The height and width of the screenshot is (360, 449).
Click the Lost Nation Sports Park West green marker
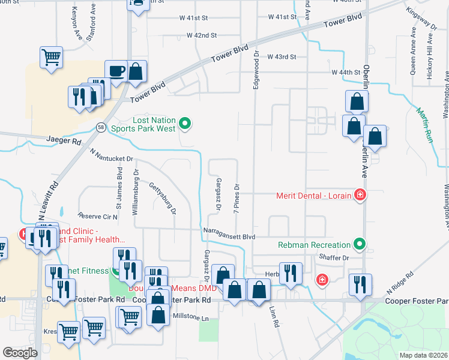point(185,124)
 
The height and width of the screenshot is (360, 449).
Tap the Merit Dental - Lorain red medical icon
point(360,194)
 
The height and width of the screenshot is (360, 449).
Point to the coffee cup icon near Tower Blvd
point(116,71)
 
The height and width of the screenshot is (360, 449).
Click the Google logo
point(20,352)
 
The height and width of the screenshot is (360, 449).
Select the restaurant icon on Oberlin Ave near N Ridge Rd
point(360,284)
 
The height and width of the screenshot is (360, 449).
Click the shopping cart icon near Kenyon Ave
point(52,58)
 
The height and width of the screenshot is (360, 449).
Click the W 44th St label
point(346,72)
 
